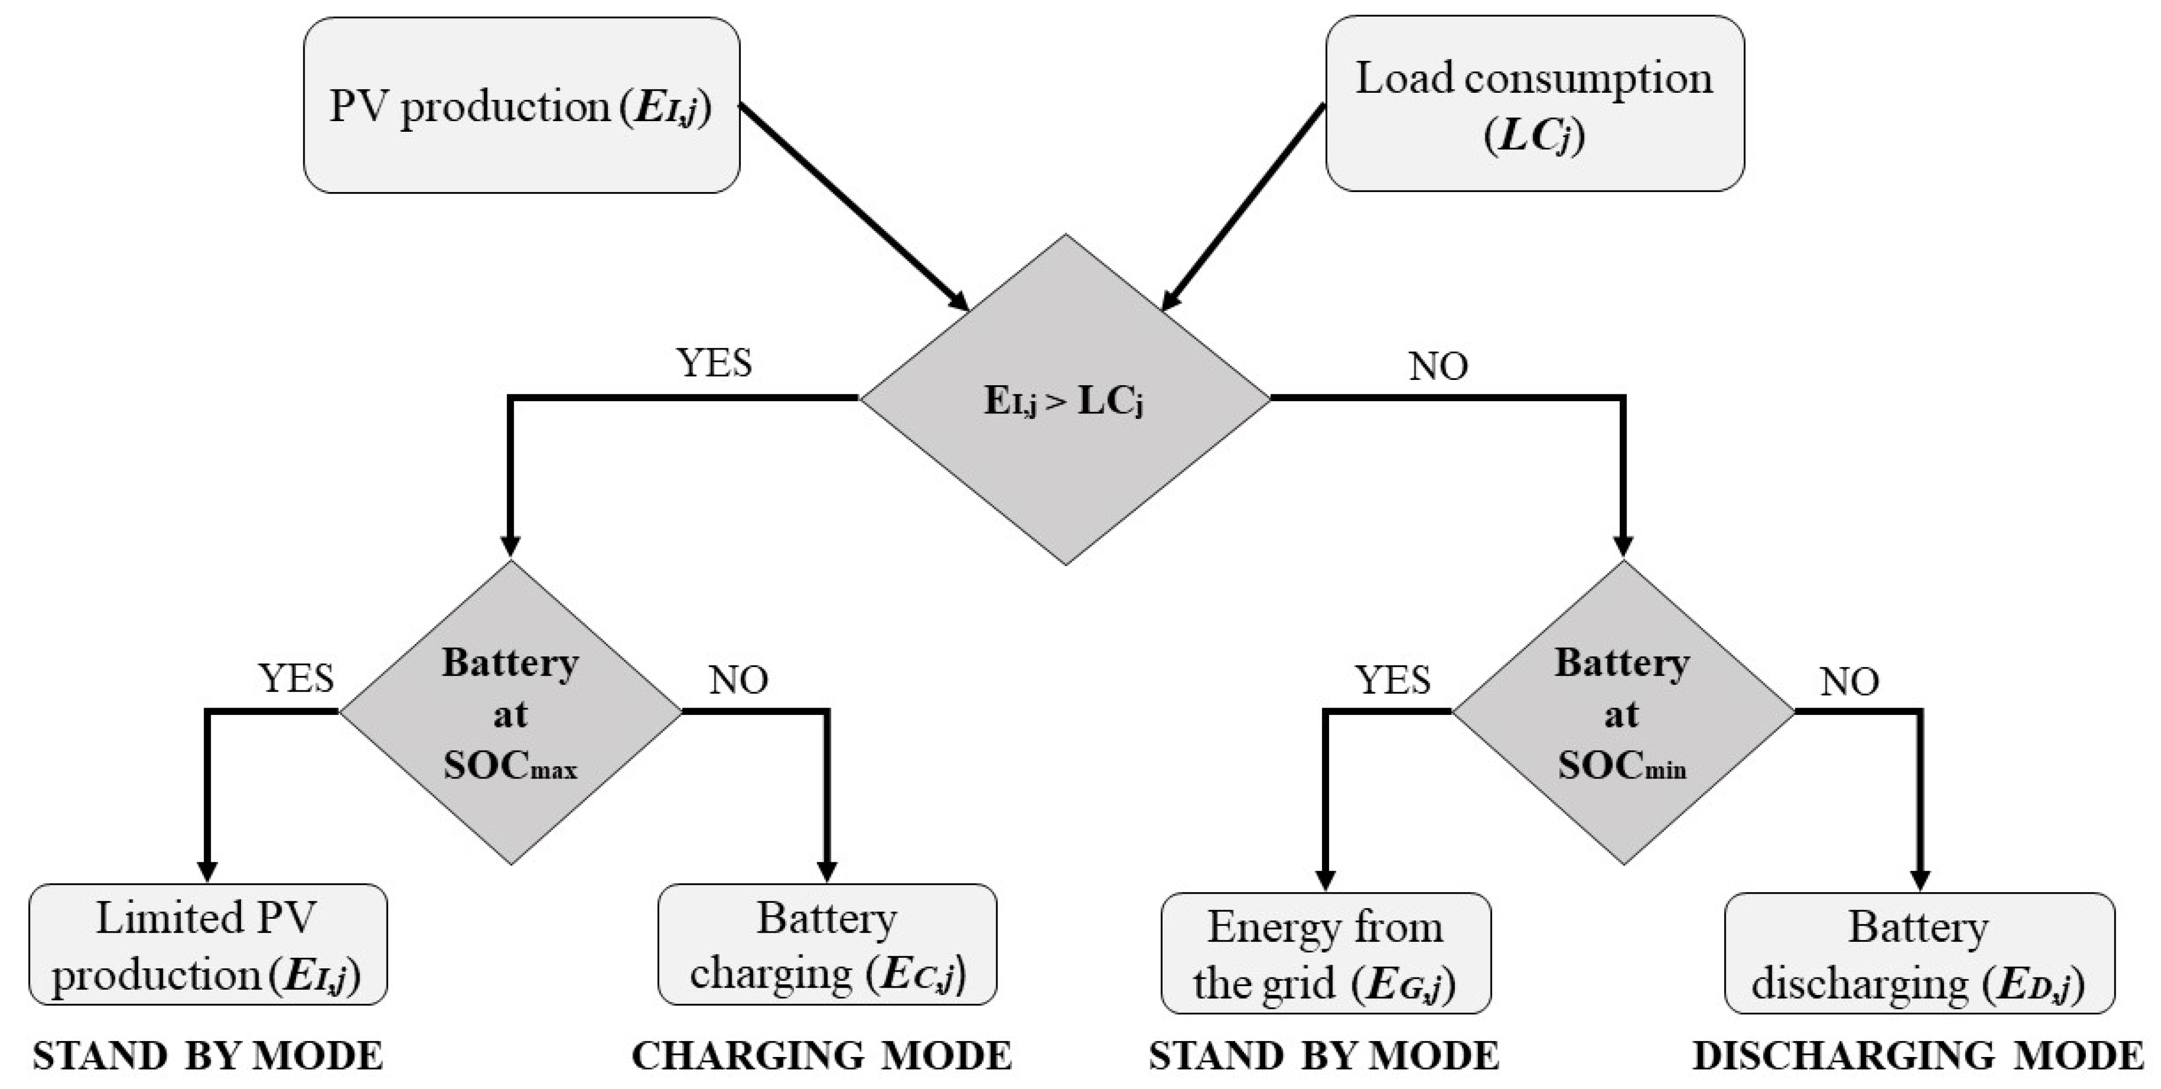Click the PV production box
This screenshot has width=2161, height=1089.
point(521,106)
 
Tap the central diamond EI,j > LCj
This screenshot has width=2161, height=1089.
point(1065,399)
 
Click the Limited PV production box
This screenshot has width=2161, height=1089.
point(207,945)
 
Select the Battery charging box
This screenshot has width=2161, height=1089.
point(827,945)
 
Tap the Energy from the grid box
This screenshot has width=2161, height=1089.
point(1325,953)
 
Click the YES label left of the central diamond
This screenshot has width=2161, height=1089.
point(714,362)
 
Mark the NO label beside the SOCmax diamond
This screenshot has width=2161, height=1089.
point(738,680)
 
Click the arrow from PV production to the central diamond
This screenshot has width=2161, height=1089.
point(852,205)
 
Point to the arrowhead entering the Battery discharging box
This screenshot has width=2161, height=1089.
point(1919,881)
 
